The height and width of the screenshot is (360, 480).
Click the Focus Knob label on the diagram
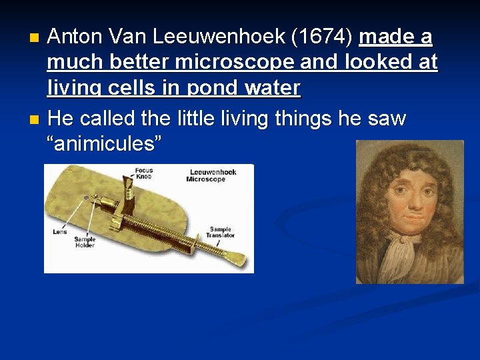143,174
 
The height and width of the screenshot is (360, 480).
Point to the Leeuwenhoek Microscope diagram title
213,175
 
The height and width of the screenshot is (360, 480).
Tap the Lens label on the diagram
60,231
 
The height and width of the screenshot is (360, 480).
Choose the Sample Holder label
85,242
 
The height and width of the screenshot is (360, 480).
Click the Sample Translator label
221,233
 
